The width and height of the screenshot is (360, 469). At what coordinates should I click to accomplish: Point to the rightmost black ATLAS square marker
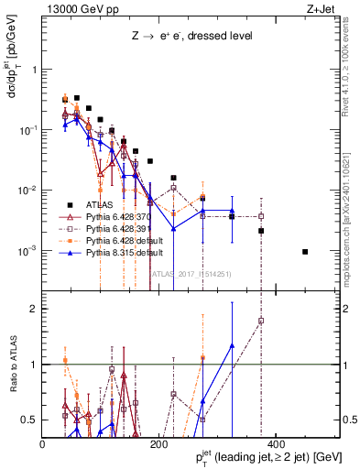click(x=305, y=252)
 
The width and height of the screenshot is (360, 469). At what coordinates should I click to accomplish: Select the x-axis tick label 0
click(x=43, y=444)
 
